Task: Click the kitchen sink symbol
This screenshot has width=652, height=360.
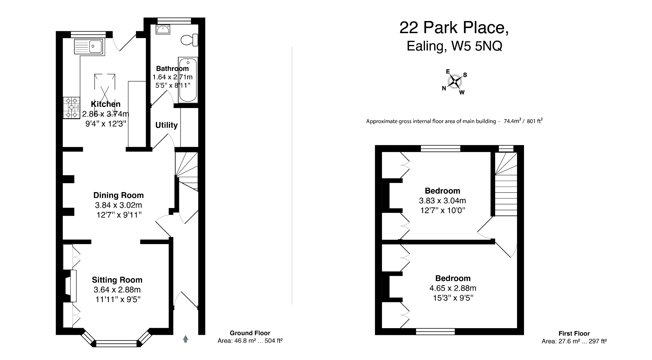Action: click(x=89, y=47)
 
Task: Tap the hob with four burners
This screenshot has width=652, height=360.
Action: click(x=71, y=108)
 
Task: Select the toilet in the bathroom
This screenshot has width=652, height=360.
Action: click(x=189, y=40)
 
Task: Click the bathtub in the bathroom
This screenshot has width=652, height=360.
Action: click(x=188, y=80)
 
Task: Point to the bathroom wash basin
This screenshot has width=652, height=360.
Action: click(x=163, y=29)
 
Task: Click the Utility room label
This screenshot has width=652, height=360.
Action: click(x=167, y=125)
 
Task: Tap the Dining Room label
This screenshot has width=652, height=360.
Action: click(x=118, y=195)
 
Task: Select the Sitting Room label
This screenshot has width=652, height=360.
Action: click(x=117, y=280)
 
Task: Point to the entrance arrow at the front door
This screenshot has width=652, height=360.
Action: click(x=186, y=339)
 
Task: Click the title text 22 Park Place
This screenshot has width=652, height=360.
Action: click(x=454, y=28)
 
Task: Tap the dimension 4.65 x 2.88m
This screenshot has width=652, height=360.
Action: click(x=453, y=288)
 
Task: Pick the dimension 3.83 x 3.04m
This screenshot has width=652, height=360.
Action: click(x=443, y=201)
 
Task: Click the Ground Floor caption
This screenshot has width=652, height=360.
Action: click(x=250, y=333)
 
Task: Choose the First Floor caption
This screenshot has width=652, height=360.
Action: click(x=574, y=334)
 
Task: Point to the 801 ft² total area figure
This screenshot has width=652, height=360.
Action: click(x=535, y=121)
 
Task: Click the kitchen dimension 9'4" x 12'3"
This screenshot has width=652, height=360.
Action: click(x=106, y=123)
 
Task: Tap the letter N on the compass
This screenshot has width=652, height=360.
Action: click(x=444, y=89)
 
